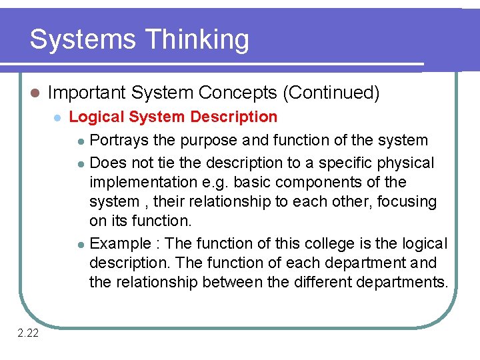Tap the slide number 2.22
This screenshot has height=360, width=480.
pos(27,333)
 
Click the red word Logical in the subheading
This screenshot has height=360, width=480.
pos(95,117)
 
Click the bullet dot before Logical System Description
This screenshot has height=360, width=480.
pos(57,117)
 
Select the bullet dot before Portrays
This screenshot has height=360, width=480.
pos(81,141)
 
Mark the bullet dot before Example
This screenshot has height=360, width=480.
pos(81,245)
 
